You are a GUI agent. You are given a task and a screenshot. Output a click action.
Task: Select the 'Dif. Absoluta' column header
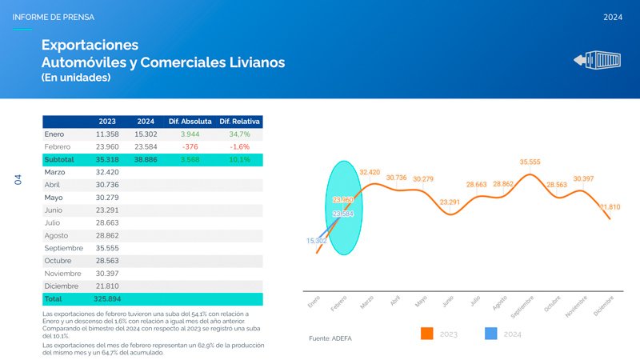coord(190,121)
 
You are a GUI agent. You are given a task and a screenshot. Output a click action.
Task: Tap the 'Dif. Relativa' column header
coord(240,121)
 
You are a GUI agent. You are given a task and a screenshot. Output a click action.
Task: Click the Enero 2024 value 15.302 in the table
coord(146,134)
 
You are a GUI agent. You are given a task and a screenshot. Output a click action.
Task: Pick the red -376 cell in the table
coord(190,147)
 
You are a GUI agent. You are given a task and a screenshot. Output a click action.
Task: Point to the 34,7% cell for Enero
coord(240,134)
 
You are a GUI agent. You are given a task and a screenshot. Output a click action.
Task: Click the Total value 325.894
coord(106,298)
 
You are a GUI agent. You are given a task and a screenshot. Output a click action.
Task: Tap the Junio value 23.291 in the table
coord(106,210)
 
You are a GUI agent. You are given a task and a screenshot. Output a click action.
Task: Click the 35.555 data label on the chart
coord(530,162)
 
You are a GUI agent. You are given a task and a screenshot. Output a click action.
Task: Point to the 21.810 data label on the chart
coord(610,207)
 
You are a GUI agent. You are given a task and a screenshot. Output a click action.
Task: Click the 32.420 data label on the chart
coord(370,172)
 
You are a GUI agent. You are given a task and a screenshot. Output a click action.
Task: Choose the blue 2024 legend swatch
coord(492,334)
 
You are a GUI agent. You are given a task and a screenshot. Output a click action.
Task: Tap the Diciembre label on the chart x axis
coord(602,307)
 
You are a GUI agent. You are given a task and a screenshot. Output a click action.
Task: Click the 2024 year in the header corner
coord(613,16)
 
